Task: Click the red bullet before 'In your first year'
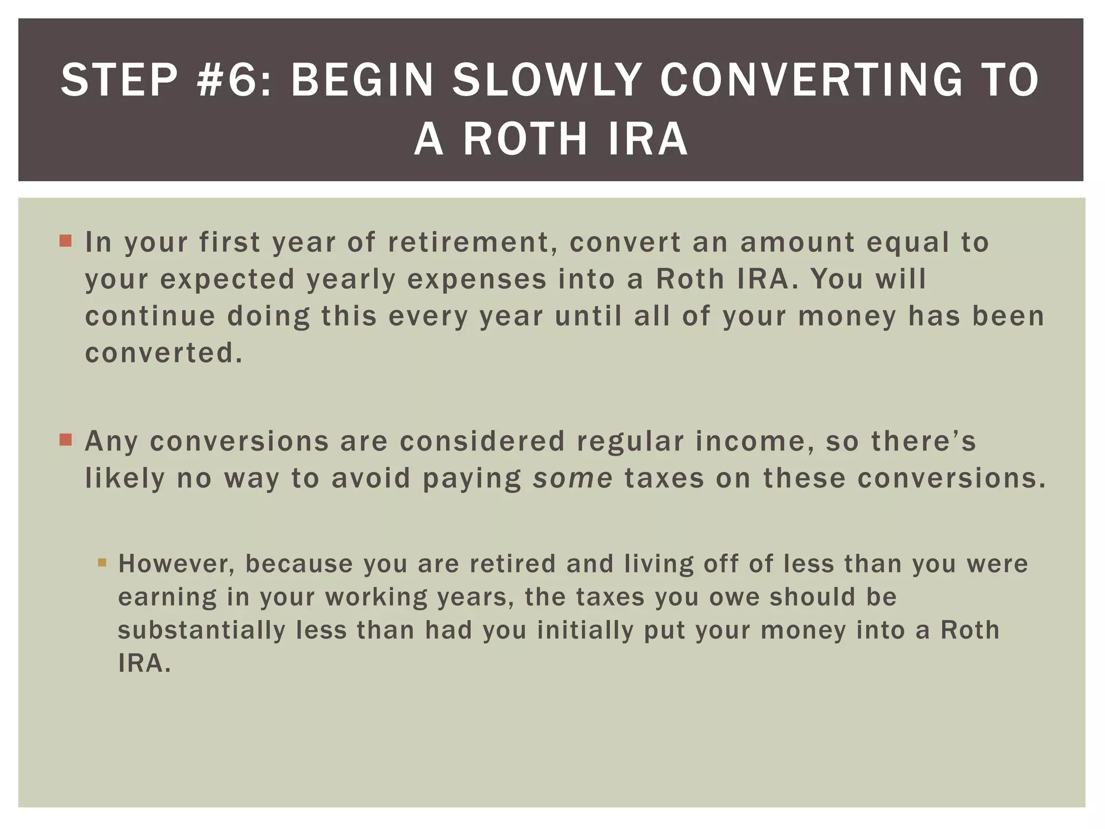click(66, 241)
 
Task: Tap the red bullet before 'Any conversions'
click(66, 440)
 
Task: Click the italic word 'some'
click(572, 479)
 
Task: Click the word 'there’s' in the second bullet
click(923, 441)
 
